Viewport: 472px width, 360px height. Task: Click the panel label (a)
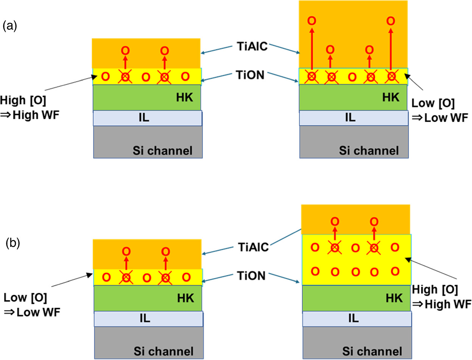9,26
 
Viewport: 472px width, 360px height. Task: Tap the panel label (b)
13,243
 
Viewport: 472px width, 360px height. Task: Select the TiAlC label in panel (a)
252,46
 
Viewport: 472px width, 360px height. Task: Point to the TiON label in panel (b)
251,276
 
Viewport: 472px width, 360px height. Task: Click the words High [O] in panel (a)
23,101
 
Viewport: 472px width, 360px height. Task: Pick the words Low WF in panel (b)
39,312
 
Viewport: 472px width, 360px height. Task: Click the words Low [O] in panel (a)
433,103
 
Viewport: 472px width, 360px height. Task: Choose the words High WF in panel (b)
448,304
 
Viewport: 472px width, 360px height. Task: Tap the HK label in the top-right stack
391,97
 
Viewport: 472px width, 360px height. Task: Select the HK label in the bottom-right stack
394,298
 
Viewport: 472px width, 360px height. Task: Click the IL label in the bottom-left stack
145,318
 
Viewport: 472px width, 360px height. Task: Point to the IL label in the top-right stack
350,117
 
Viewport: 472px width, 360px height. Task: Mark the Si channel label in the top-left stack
162,151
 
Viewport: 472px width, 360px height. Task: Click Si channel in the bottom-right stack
372,351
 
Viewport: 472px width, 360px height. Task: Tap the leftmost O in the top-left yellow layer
105,76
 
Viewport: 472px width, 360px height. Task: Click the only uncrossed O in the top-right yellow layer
352,77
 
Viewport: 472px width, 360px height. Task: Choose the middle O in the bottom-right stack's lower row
355,272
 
